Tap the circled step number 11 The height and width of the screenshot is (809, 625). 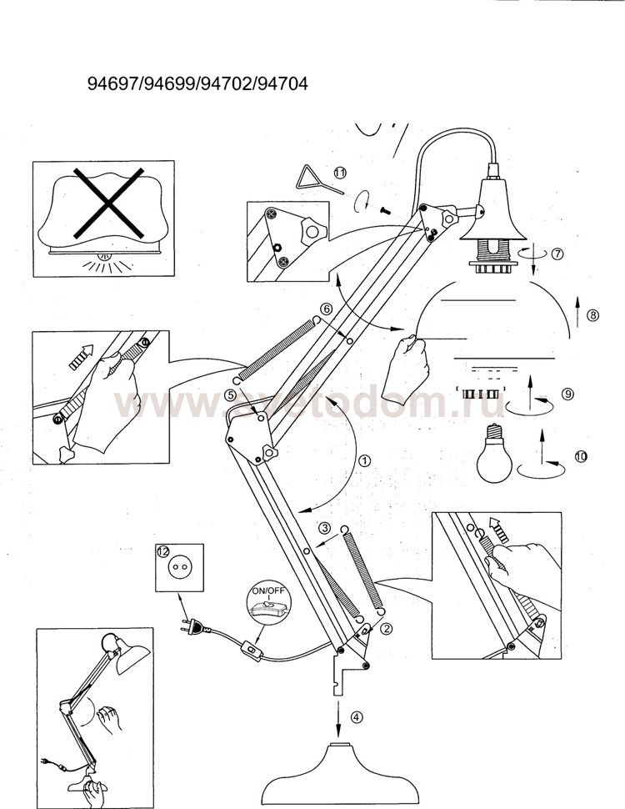(x=340, y=173)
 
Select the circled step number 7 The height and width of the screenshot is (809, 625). (x=557, y=254)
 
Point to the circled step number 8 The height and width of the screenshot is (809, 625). (x=593, y=314)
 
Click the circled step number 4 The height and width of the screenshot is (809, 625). (x=357, y=716)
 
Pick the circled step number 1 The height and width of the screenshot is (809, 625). (x=364, y=460)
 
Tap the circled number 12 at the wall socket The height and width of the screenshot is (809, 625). (x=163, y=551)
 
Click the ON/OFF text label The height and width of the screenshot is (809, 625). (x=267, y=590)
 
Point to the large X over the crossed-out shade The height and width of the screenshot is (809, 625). (x=108, y=203)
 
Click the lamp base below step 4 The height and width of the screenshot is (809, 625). (x=339, y=777)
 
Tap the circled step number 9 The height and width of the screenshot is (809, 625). (x=567, y=394)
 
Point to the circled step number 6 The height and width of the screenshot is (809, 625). (x=325, y=309)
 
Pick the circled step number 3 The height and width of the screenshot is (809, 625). (x=324, y=528)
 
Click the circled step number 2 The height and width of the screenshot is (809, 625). (x=387, y=628)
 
